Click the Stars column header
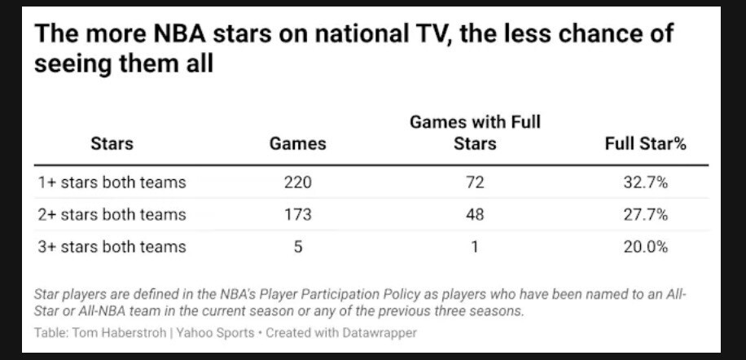click(112, 144)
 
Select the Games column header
click(297, 144)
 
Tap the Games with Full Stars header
click(475, 133)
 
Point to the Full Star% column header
click(645, 144)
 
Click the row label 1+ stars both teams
click(112, 182)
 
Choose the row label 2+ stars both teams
click(112, 215)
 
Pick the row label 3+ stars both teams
click(112, 247)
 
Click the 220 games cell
click(297, 182)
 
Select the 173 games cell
click(297, 215)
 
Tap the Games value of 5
click(298, 247)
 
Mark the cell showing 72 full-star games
click(475, 182)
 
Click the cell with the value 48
click(475, 215)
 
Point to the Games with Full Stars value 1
click(476, 247)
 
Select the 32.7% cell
click(645, 182)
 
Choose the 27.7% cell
click(645, 215)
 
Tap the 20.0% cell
click(645, 247)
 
